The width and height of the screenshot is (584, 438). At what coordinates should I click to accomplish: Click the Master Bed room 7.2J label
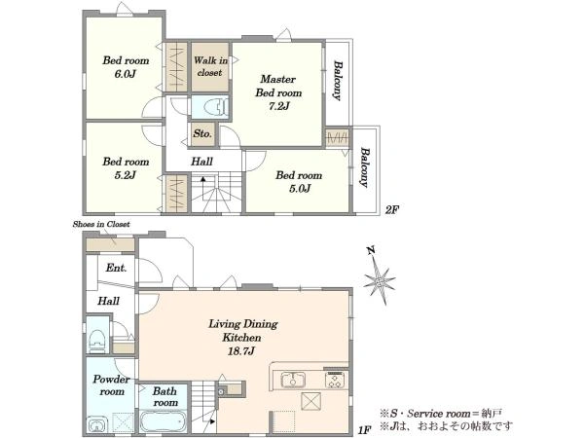point(278,92)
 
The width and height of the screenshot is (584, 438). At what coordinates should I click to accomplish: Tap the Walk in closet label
point(210,66)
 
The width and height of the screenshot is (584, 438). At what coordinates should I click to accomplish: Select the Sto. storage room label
point(202,133)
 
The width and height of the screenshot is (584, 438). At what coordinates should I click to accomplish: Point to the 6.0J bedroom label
point(126,67)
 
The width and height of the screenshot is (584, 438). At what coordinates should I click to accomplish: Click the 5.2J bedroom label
point(126,168)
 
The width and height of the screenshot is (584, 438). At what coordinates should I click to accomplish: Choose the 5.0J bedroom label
point(299,182)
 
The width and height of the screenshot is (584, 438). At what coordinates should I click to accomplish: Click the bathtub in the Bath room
point(163,421)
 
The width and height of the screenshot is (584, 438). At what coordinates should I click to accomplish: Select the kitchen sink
point(293,380)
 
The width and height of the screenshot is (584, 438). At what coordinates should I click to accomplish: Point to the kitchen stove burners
point(336,381)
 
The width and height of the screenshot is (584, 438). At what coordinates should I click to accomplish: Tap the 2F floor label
point(392,209)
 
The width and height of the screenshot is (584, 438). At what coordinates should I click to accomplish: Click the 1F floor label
point(364,430)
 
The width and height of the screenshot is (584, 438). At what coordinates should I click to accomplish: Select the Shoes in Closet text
point(101,224)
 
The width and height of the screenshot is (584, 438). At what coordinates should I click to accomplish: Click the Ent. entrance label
point(116,268)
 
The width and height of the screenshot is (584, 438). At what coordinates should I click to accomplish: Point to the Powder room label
point(111,385)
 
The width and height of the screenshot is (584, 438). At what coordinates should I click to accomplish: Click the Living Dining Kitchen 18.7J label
point(242,337)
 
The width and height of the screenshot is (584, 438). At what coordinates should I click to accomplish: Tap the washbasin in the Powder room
point(97,425)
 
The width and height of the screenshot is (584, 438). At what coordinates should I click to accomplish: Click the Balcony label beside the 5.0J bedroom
point(365,167)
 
